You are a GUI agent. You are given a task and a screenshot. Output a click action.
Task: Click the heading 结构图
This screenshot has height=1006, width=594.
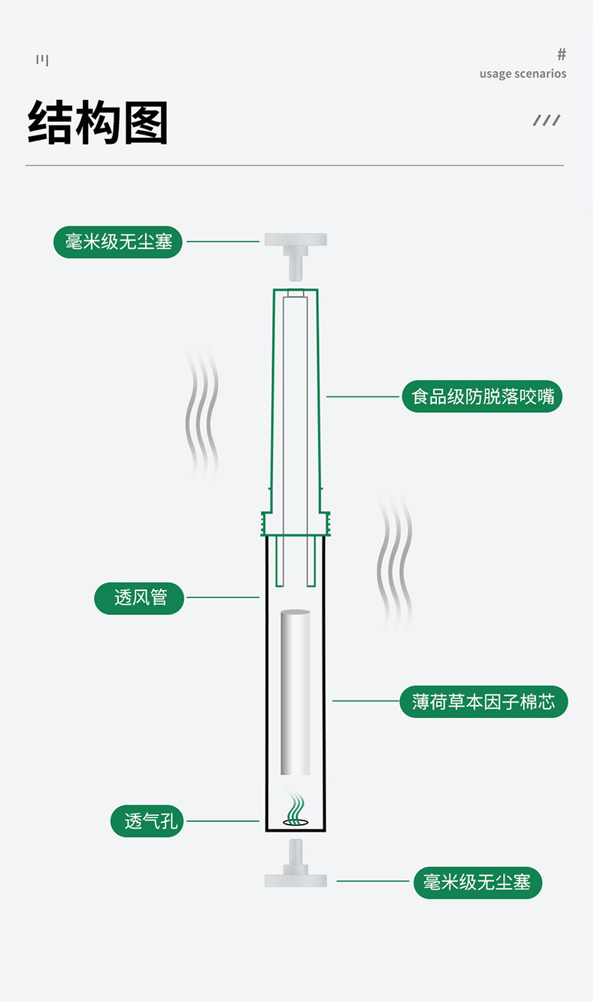coord(98,122)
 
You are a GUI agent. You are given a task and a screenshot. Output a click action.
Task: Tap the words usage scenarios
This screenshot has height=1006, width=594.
coord(523,74)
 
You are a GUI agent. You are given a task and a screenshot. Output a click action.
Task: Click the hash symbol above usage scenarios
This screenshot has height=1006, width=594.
coord(561,54)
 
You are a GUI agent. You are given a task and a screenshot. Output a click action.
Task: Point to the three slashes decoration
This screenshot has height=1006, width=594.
coord(547,120)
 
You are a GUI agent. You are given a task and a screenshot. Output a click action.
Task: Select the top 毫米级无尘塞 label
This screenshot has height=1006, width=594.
coord(117,241)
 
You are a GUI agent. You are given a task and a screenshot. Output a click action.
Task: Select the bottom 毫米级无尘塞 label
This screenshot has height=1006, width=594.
coord(477,883)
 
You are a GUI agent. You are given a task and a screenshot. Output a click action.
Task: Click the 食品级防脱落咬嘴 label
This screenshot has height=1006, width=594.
coord(482,396)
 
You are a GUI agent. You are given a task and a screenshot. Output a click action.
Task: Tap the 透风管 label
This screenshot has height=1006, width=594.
coord(139,598)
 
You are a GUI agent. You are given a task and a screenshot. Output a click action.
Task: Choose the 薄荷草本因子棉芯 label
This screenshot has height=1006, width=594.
coord(483,701)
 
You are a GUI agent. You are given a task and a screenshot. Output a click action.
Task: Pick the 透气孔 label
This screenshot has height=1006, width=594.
coord(147,821)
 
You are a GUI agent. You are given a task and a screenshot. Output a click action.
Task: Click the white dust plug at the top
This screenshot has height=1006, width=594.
coord(295,256)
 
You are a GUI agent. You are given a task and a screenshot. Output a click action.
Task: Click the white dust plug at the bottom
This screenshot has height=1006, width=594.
coord(295,862)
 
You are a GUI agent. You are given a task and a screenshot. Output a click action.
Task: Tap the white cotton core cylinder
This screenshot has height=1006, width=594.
coord(295,692)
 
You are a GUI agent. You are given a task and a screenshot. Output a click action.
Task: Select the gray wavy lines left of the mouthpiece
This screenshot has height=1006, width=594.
coord(202,411)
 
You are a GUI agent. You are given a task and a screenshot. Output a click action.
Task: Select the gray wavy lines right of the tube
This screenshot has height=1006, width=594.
coord(394,559)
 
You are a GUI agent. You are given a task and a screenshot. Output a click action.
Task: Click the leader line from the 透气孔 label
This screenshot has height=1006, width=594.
coord(223,821)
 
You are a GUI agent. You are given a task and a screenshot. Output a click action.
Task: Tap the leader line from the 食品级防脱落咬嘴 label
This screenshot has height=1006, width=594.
coord(362,396)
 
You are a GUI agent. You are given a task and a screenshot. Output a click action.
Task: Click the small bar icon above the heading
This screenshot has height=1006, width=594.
coord(42,59)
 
